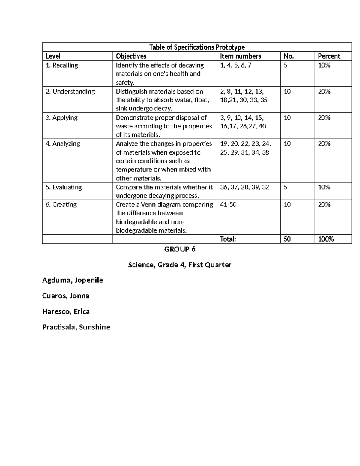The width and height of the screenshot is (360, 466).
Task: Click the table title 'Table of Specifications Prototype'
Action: (197, 47)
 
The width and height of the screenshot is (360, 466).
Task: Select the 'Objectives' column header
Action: (131, 56)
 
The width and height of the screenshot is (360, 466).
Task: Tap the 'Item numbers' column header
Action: (241, 56)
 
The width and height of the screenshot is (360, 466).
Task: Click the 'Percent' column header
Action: (329, 56)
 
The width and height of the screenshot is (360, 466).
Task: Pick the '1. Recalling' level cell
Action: (62, 65)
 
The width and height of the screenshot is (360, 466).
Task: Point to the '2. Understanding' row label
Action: (70, 92)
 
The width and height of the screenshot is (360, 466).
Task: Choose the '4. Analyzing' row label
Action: (63, 144)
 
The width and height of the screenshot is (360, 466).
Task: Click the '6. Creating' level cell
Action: (61, 205)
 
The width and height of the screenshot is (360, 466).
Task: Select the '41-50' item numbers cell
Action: (228, 205)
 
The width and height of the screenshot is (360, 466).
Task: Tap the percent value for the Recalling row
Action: (324, 65)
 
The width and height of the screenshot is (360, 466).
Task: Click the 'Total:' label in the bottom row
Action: (228, 239)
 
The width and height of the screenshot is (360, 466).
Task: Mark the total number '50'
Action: (287, 239)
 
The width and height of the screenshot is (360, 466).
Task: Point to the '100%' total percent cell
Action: (326, 239)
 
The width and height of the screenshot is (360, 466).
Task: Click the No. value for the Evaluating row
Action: (285, 187)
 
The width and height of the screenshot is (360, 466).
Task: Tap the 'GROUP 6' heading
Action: (180, 249)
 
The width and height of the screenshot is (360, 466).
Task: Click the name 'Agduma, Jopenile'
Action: (73, 280)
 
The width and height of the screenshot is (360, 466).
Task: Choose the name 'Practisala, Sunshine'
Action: (76, 327)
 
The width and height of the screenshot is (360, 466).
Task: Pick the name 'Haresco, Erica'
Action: (66, 311)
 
